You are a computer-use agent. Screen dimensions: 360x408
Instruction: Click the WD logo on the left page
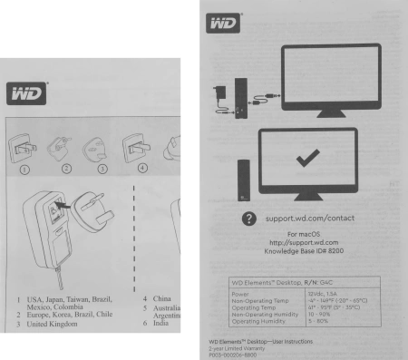(x=28, y=92)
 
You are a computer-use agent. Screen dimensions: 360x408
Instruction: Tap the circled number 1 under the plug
(x=26, y=166)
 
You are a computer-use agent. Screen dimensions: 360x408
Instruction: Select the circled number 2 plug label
(x=65, y=166)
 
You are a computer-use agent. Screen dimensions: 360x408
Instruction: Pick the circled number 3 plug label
(x=102, y=166)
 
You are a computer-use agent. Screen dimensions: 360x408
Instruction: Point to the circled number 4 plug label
(x=141, y=166)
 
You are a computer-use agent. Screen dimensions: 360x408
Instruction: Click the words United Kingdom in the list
(x=53, y=324)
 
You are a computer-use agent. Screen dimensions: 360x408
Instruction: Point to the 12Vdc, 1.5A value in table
(x=327, y=293)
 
